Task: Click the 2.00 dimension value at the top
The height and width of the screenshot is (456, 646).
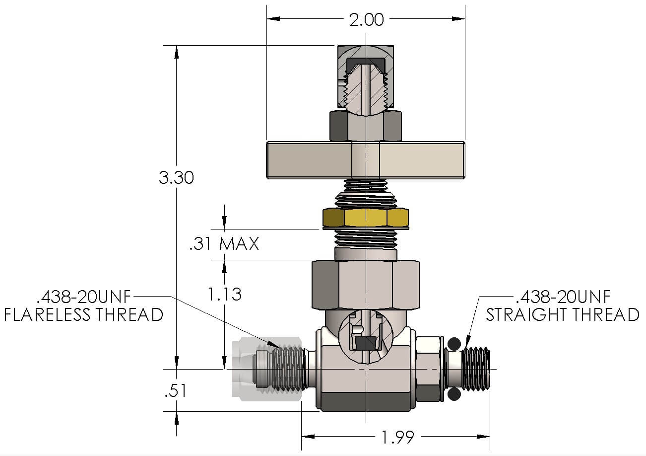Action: (x=366, y=20)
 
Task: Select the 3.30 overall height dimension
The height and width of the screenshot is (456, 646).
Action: (x=176, y=177)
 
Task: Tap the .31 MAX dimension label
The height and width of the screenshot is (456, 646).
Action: (x=224, y=243)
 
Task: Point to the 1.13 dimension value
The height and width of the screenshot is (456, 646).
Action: (x=225, y=294)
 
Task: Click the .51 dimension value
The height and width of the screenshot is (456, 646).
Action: (x=175, y=390)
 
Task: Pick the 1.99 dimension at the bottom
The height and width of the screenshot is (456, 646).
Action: (x=398, y=437)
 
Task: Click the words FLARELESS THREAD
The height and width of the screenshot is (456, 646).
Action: (x=84, y=314)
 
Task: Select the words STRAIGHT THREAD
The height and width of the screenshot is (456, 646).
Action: (x=563, y=314)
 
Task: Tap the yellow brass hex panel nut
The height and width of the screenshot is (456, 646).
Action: (x=366, y=218)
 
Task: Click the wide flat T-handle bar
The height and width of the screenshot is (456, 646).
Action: (x=365, y=160)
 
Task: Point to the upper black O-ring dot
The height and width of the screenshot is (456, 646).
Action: (x=454, y=344)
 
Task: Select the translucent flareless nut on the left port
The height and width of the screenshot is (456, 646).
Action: (x=267, y=369)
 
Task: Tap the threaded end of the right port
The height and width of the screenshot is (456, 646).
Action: (x=476, y=369)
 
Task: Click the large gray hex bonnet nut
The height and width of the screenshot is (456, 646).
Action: (x=366, y=285)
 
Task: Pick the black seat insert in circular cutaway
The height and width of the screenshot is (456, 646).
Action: (x=366, y=343)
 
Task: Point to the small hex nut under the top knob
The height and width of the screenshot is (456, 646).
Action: (x=365, y=126)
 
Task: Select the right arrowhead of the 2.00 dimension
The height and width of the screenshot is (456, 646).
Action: (x=458, y=19)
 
